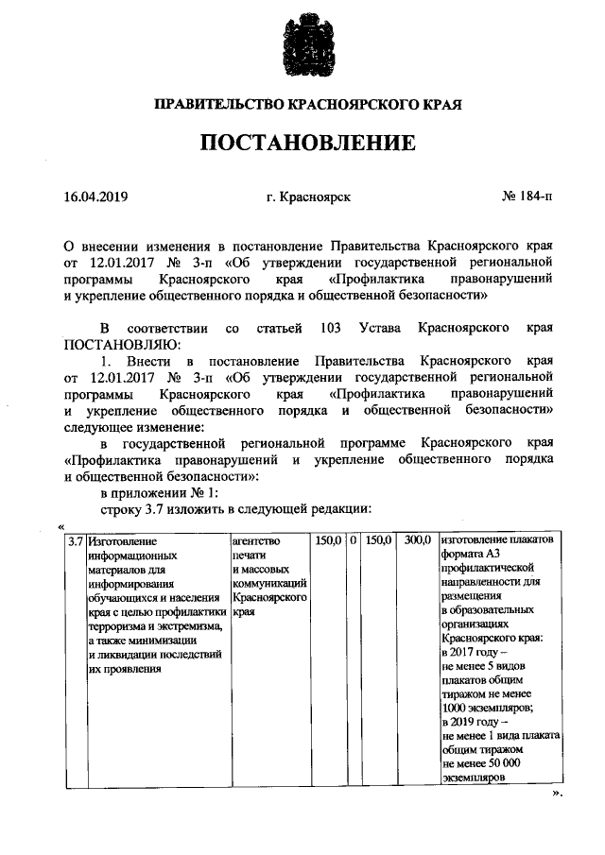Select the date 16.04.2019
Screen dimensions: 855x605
tap(95, 197)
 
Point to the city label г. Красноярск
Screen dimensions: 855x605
tap(309, 197)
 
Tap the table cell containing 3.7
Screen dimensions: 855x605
tap(75, 542)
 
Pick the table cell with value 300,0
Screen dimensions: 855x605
tap(417, 541)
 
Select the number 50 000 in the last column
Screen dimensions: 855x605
tap(510, 764)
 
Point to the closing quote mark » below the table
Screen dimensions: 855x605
tap(557, 794)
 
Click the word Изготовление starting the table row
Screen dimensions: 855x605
tap(121, 542)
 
